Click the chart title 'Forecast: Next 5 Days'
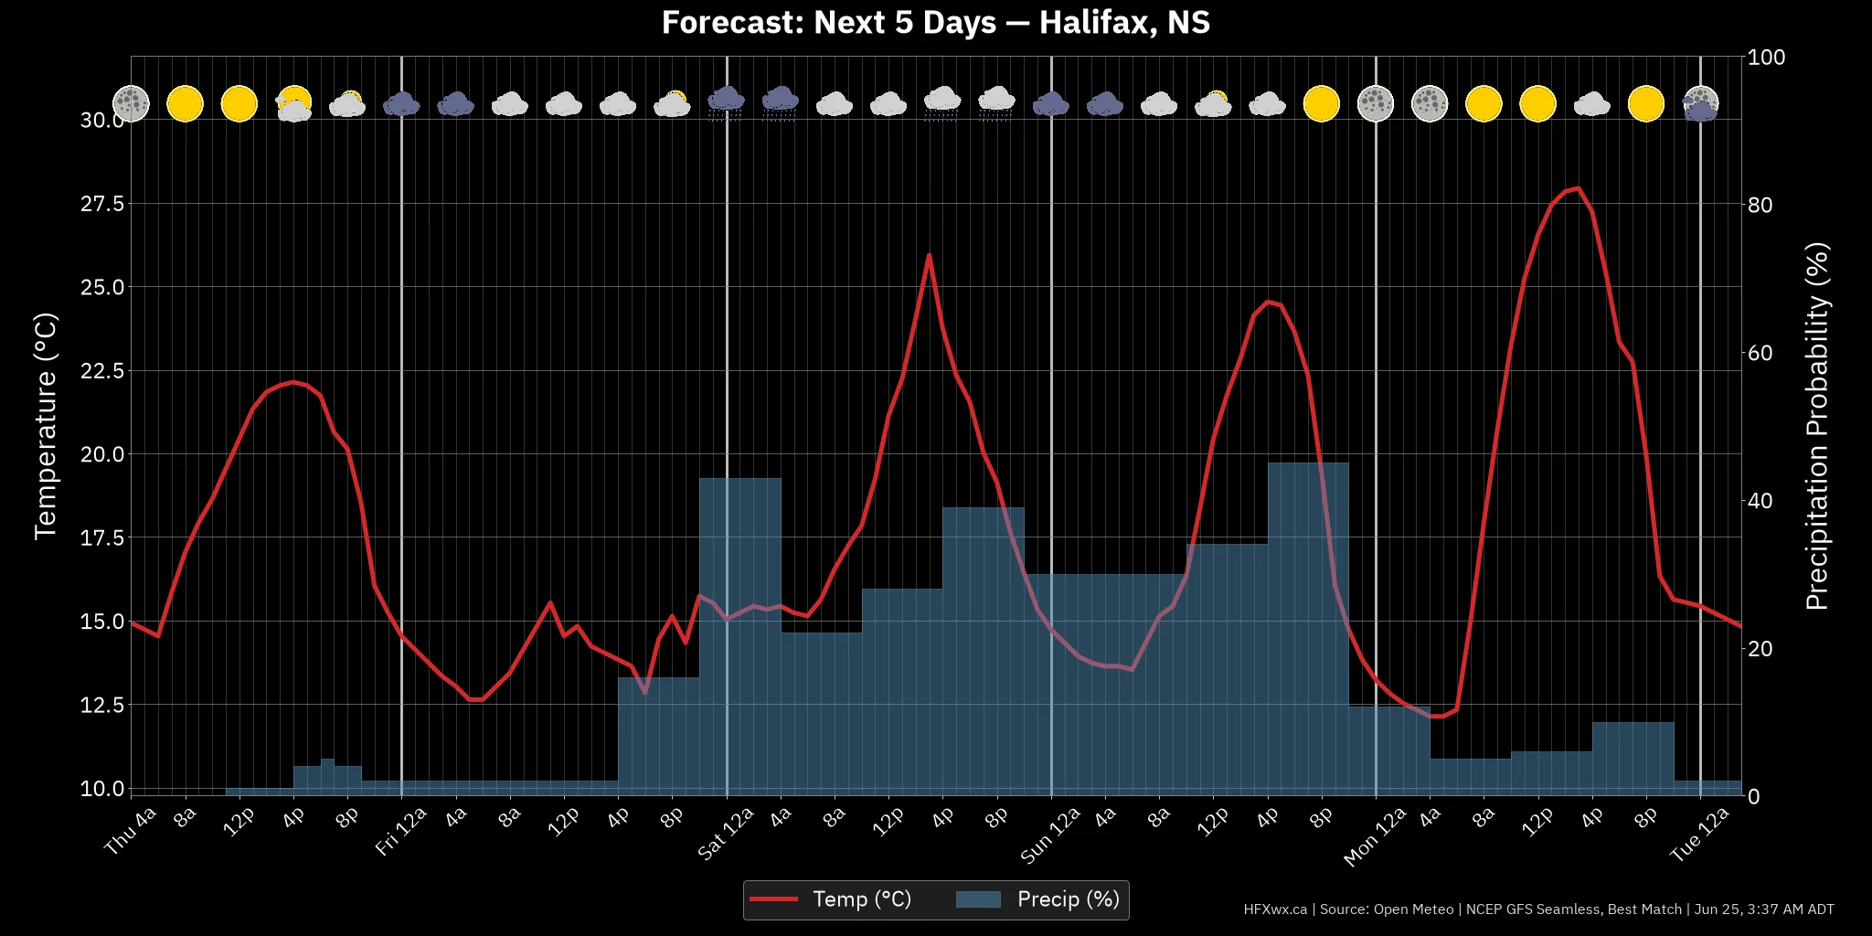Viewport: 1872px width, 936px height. pyautogui.click(x=829, y=22)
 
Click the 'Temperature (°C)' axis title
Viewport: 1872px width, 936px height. pyautogui.click(x=46, y=426)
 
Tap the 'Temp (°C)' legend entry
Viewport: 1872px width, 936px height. pyautogui.click(x=831, y=899)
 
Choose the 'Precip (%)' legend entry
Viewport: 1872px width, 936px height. pyautogui.click(x=1037, y=899)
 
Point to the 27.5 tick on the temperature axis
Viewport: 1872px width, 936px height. pyautogui.click(x=102, y=204)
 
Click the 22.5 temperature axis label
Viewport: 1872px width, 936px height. pyautogui.click(x=102, y=371)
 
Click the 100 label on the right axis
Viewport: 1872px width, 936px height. pyautogui.click(x=1767, y=57)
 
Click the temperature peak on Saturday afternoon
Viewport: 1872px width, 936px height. pyautogui.click(x=929, y=255)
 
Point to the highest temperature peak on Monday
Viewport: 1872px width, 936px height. pyautogui.click(x=1579, y=188)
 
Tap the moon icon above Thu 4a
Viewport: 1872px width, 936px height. pyautogui.click(x=131, y=103)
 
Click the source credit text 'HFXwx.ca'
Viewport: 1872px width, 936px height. pyautogui.click(x=1275, y=909)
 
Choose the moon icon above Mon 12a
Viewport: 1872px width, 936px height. pyautogui.click(x=1376, y=103)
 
